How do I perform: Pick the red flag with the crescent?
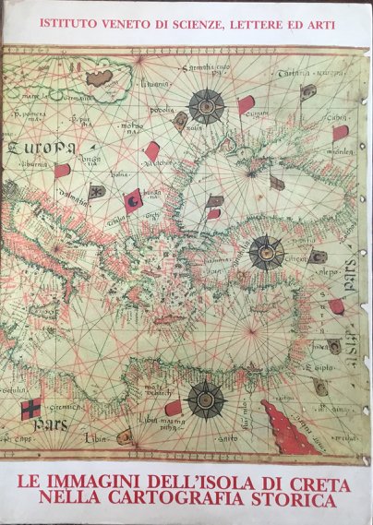[133, 199]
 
